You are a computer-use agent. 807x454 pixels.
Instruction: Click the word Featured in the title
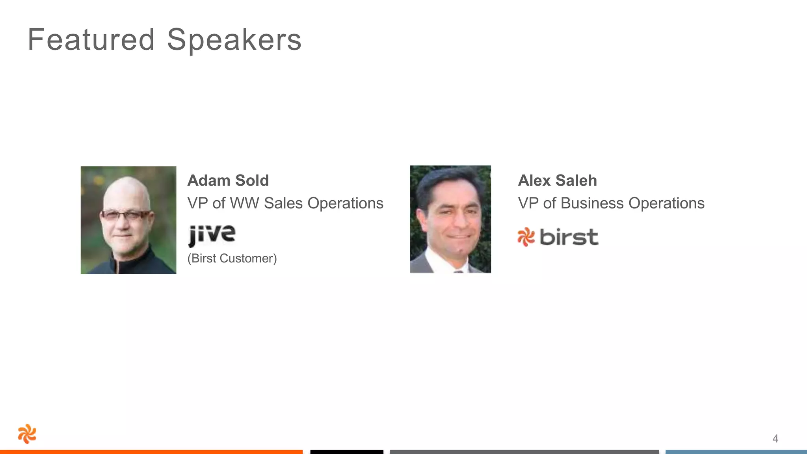click(91, 40)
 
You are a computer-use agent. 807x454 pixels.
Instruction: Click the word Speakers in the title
click(234, 40)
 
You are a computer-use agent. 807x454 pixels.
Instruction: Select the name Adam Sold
click(228, 180)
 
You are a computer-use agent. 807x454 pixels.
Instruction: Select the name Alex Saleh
click(557, 180)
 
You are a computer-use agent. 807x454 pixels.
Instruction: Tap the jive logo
click(212, 235)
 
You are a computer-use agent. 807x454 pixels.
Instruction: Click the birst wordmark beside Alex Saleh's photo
click(569, 237)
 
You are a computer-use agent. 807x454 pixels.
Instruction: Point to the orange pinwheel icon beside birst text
click(526, 237)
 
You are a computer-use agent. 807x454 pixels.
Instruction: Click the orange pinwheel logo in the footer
click(27, 434)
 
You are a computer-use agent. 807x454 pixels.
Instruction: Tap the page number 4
click(775, 439)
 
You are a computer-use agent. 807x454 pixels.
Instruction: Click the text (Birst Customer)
click(232, 259)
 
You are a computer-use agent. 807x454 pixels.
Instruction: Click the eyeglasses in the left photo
click(125, 215)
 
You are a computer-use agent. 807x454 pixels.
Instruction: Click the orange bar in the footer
click(151, 452)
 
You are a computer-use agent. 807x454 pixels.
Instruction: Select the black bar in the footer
click(347, 452)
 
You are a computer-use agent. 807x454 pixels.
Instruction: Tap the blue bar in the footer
click(736, 452)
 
